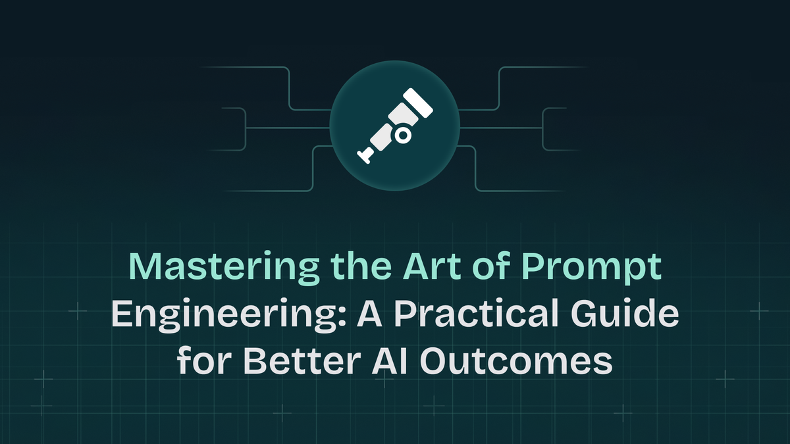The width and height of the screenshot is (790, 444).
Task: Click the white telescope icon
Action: click(x=394, y=125)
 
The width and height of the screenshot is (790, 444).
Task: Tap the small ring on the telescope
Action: click(x=404, y=135)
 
